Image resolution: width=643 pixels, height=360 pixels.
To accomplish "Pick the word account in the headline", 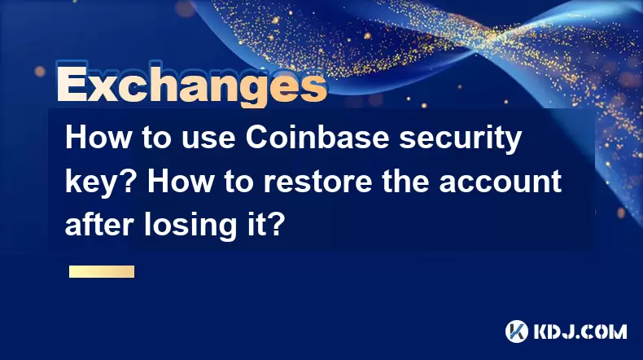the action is [501, 182].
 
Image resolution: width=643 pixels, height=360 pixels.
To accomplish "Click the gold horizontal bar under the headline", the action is [102, 271].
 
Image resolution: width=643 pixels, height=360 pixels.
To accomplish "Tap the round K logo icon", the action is [517, 331].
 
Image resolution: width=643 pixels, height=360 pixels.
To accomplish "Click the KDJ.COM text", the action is [580, 331].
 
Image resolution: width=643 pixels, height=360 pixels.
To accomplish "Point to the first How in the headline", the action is [98, 138].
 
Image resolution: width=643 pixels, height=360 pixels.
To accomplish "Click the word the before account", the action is [405, 181].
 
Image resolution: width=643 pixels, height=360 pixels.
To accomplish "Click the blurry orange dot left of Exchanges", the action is [40, 72].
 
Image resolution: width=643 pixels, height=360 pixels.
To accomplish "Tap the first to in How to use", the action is [156, 138].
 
